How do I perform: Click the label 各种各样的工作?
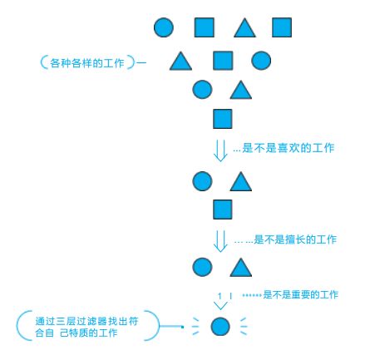pos(86,63)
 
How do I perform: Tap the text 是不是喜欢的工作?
pos(289,148)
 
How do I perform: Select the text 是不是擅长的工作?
pos(295,239)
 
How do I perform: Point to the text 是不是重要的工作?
pos(301,294)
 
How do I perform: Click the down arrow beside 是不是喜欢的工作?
pos(220,150)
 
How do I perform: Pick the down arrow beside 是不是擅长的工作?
pos(220,241)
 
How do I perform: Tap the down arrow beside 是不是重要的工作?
pos(221,301)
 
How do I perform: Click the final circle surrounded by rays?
pos(220,327)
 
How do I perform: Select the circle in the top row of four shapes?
pos(164,27)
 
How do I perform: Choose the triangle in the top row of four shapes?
pos(244,28)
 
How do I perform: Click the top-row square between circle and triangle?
pos(205,27)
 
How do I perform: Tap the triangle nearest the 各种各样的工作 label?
pos(180,62)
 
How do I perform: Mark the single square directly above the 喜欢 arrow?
pos(222,119)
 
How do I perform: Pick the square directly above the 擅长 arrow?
pos(222,210)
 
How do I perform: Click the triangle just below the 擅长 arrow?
pos(241,268)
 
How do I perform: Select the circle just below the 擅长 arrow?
pos(202,267)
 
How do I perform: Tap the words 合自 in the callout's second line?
pos(44,333)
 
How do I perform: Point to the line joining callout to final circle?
pos(172,327)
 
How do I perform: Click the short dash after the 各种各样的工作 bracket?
pos(141,63)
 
